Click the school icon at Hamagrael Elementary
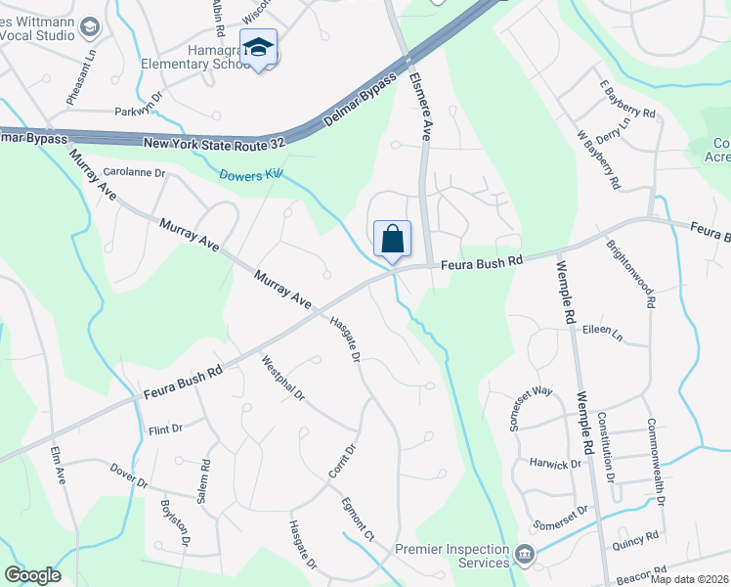pos(258,48)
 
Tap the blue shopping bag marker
pos(392,239)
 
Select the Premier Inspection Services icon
pos(526,556)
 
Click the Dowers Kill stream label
pos(251,175)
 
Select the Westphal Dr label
pos(283,379)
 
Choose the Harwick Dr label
pos(556,464)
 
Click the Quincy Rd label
pos(638,537)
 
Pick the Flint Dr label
pos(165,429)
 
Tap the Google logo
pos(32,575)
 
